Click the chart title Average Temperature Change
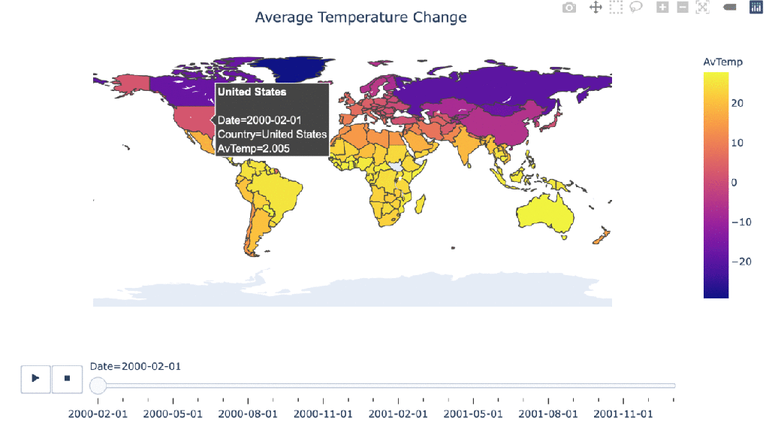pos(360,17)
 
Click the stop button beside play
pos(67,378)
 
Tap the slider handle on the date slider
pos(98,386)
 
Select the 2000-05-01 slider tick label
pos(173,413)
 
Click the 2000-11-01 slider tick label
pos(323,413)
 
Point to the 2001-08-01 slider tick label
pos(548,413)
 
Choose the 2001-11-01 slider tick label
pos(623,413)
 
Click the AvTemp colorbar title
pos(722,62)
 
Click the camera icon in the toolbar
pos(570,8)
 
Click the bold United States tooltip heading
pos(252,92)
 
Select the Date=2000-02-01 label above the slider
pos(135,366)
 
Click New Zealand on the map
pos(599,239)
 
